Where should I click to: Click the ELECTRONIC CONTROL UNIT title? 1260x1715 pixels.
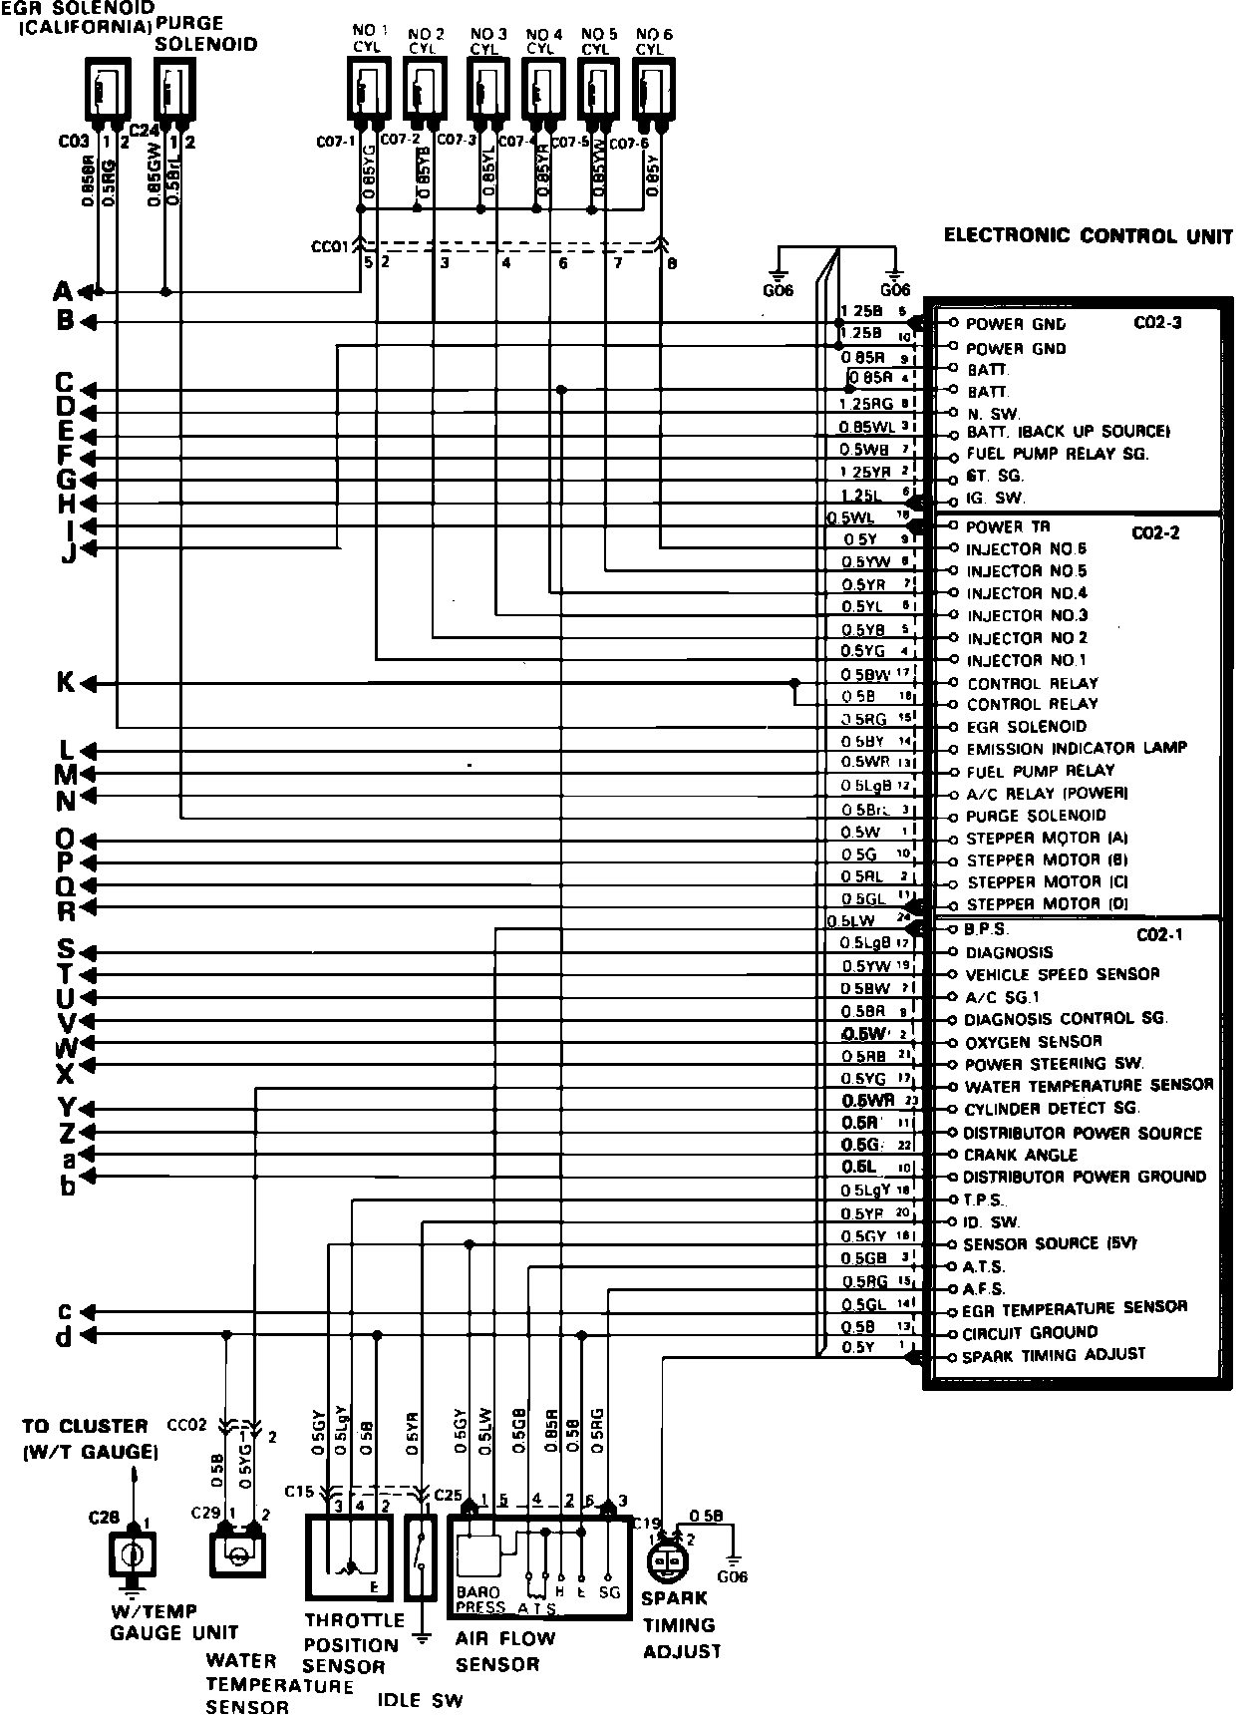point(1088,236)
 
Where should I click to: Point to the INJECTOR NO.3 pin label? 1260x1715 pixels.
point(1027,615)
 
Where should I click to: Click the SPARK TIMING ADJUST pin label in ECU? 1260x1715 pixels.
point(1053,1354)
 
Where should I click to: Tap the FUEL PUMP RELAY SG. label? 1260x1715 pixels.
point(1057,454)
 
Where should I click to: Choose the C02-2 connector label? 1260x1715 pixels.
point(1155,532)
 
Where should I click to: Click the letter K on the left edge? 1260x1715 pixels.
point(65,683)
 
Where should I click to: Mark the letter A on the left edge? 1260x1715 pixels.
point(63,292)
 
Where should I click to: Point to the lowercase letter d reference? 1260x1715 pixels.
point(64,1336)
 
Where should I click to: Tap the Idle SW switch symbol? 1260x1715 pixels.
point(422,1555)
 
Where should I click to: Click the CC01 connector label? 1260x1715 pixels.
point(328,245)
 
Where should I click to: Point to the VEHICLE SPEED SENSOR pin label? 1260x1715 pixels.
point(1062,974)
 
